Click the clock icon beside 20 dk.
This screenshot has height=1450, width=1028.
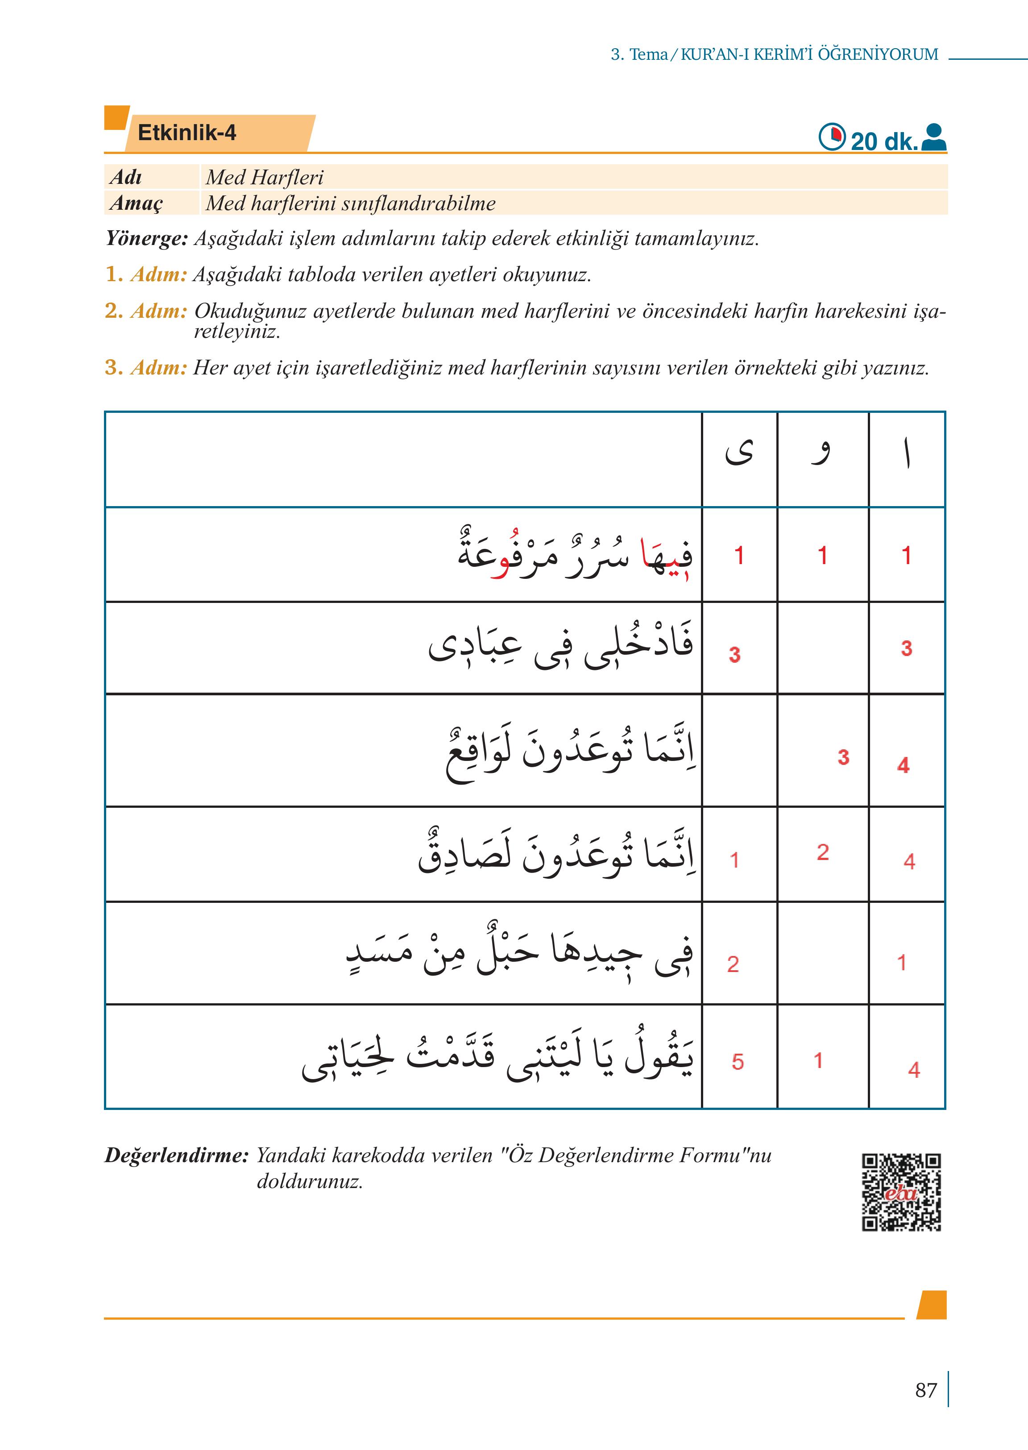coord(832,137)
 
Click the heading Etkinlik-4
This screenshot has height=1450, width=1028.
coord(187,133)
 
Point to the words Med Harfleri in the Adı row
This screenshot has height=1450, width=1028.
coord(264,177)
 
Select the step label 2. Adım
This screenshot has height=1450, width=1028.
coord(145,311)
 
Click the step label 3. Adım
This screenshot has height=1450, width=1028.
coord(145,367)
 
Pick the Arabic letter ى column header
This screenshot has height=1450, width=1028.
coord(739,453)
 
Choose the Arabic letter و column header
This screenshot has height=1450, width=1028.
coord(821,453)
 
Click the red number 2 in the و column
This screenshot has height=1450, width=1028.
coord(822,852)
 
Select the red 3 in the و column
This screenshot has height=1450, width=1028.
coord(843,757)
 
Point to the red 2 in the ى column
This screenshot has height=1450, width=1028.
coord(733,964)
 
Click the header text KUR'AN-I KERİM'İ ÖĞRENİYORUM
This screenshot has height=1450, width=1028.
coord(809,54)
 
